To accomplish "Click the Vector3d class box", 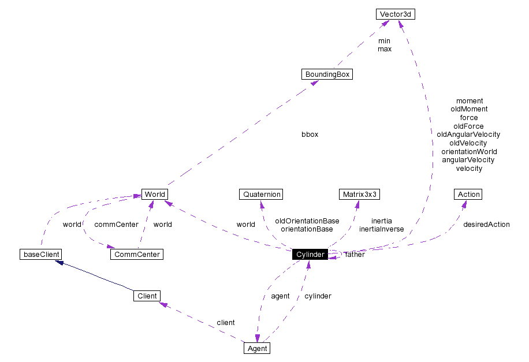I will [395, 14].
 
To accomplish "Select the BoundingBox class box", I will [327, 74].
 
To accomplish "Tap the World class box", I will [155, 194].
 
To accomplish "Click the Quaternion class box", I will [261, 194].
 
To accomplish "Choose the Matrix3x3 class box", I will [358, 194].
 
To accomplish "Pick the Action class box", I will [468, 194].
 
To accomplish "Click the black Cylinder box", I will [310, 254].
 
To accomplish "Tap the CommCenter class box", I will [136, 254].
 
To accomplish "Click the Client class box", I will [147, 296].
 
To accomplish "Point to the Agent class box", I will [257, 349].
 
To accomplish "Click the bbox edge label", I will [310, 135].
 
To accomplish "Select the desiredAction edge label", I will [486, 225].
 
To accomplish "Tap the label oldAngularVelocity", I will [468, 135].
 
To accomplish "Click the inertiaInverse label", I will [381, 229].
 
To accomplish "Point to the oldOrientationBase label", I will [307, 221].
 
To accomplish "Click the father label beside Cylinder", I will [355, 255].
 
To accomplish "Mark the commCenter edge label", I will [116, 225].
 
